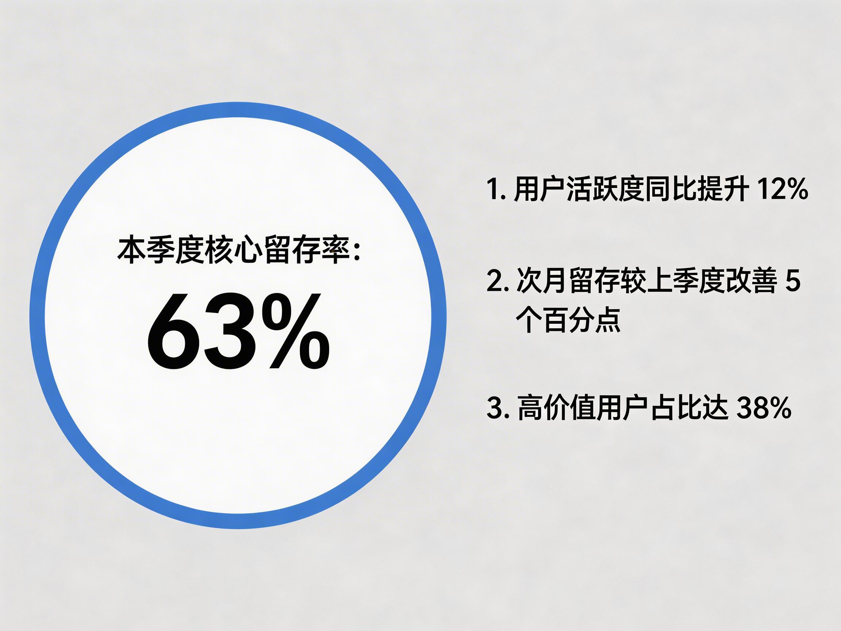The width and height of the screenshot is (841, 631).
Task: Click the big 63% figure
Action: click(x=238, y=330)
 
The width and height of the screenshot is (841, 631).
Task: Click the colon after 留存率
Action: click(x=357, y=252)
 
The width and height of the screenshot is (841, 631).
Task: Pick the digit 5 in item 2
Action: click(x=793, y=281)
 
